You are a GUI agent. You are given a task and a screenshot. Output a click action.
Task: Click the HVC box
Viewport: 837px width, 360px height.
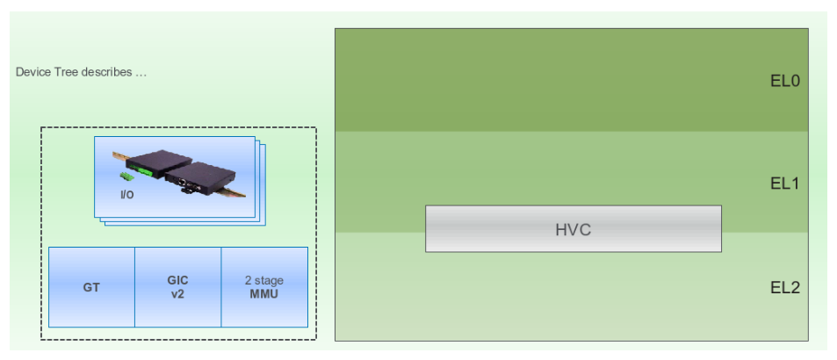click(x=573, y=229)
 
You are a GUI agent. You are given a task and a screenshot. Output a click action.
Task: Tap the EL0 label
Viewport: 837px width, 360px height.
click(x=783, y=82)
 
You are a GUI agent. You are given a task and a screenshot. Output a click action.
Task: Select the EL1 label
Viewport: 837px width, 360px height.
click(x=783, y=184)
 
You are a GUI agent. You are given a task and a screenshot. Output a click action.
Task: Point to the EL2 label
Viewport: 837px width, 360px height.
click(x=783, y=287)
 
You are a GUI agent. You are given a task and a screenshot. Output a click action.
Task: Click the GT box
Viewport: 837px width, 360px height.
click(x=91, y=287)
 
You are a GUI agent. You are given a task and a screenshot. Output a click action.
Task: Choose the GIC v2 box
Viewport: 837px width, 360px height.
click(x=177, y=287)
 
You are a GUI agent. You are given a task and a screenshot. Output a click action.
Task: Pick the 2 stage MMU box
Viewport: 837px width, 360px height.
click(x=263, y=287)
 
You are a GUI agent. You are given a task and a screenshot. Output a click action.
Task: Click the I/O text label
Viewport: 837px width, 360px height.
click(x=126, y=194)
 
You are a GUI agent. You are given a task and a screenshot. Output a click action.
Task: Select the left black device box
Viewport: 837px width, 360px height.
click(x=161, y=164)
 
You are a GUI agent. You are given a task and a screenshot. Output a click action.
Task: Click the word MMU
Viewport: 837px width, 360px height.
click(x=263, y=293)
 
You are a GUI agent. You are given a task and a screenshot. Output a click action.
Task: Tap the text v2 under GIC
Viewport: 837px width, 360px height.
click(x=177, y=293)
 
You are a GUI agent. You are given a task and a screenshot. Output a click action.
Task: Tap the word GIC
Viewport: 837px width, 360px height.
click(x=177, y=281)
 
